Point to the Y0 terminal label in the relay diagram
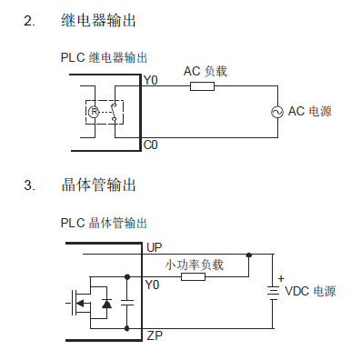click(151, 81)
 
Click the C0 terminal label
click(151, 145)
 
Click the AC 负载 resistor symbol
click(202, 86)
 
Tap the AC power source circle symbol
click(276, 112)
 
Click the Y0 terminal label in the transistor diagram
click(152, 285)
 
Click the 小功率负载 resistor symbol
click(193, 276)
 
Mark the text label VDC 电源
click(311, 292)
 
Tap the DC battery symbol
click(271, 292)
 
